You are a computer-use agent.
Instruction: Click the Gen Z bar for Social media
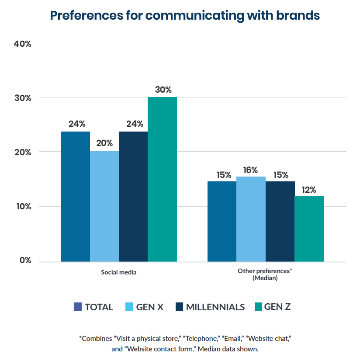162,179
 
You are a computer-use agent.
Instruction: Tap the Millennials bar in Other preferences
280,221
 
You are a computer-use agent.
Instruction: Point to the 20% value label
104,143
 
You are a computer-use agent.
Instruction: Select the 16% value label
251,170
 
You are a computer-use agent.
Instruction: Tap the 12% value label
309,189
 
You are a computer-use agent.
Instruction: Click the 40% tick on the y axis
23,44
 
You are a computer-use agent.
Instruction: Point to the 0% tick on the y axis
25,260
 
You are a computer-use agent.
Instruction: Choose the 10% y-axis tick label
23,206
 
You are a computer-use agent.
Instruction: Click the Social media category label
118,272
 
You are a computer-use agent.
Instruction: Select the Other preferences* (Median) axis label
265,274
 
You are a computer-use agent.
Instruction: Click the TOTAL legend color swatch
78,307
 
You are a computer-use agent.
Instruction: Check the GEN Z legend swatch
258,307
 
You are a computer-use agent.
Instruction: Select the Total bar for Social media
75,196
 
